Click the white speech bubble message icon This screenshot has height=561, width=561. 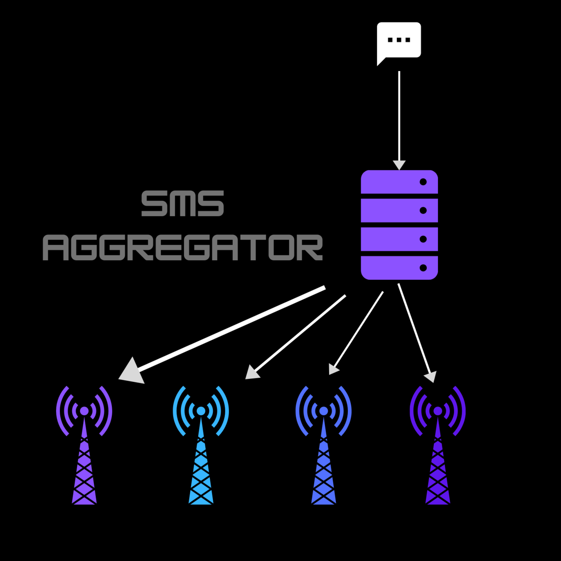(399, 41)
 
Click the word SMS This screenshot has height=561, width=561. (182, 204)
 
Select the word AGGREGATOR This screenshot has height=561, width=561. (182, 248)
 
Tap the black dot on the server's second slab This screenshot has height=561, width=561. (423, 211)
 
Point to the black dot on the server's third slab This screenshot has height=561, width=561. (423, 239)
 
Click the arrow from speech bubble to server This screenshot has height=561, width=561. (399, 116)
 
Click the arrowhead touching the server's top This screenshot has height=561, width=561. (399, 165)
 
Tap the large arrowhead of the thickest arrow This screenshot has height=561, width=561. (132, 371)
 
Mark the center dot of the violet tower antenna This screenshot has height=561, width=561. (84, 411)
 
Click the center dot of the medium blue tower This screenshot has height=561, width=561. (324, 411)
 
